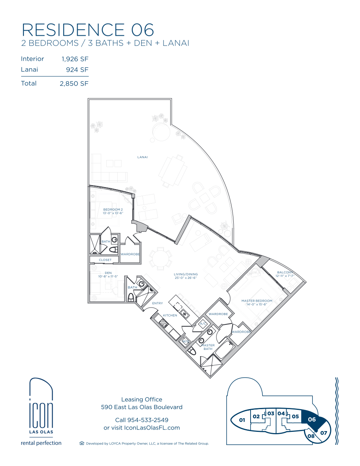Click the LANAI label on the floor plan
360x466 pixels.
click(x=143, y=157)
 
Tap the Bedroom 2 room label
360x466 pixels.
click(x=113, y=211)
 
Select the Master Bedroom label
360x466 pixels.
click(x=257, y=302)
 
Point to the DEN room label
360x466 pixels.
click(x=108, y=275)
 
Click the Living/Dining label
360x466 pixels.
click(x=185, y=276)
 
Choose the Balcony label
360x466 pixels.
click(x=285, y=274)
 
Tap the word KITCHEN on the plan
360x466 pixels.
click(x=170, y=315)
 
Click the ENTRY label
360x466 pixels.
click(x=157, y=303)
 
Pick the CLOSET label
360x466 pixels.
click(x=105, y=260)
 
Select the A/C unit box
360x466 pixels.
click(x=203, y=324)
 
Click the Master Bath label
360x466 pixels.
click(x=208, y=347)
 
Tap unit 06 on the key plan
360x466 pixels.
click(x=312, y=419)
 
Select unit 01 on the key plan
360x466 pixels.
click(x=242, y=420)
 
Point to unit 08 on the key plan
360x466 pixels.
click(x=311, y=436)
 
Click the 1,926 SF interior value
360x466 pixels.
click(x=75, y=59)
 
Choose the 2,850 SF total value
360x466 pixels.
click(x=74, y=84)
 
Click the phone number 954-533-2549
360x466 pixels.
click(x=148, y=420)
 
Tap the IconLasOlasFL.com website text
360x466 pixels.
click(x=152, y=428)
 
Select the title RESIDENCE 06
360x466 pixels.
click(x=88, y=30)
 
